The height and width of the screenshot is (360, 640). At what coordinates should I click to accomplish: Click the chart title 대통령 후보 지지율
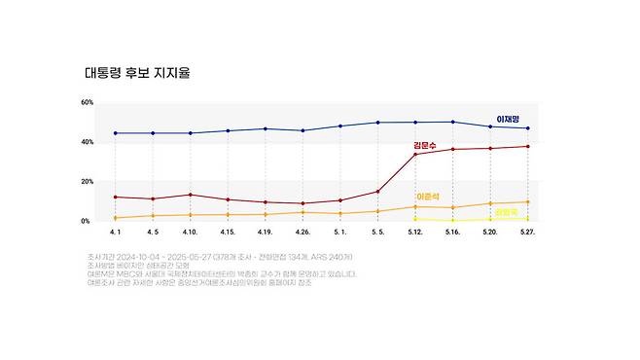135,73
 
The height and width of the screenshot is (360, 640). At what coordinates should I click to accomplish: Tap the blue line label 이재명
512,119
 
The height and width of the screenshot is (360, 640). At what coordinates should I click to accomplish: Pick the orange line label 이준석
429,197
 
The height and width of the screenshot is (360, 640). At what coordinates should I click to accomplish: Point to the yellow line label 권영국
506,211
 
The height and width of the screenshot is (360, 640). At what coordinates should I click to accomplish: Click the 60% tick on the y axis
88,102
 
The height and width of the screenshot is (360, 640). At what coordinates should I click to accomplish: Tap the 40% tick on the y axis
88,142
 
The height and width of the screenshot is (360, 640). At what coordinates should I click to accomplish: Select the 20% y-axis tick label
88,182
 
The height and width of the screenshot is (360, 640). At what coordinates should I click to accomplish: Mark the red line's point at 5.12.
415,154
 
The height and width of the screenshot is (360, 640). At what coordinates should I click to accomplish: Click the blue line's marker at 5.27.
528,128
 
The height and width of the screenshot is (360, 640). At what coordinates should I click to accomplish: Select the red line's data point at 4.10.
191,195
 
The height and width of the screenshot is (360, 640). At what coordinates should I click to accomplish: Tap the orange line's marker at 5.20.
490,203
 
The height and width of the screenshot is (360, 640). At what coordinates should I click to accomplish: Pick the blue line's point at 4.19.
266,128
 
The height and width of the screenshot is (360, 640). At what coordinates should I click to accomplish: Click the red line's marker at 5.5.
377,191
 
